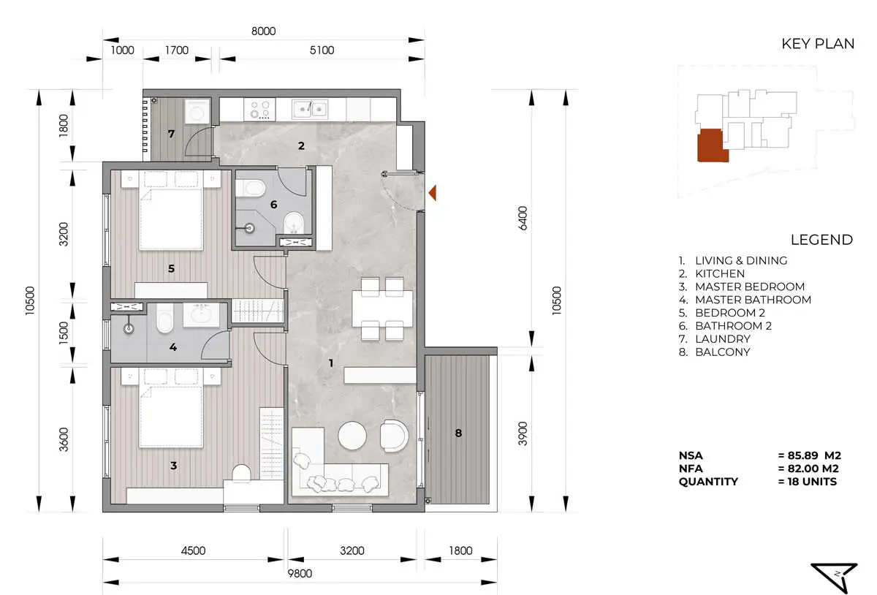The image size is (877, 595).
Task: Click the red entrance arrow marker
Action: pos(433,193)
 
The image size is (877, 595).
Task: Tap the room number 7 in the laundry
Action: pos(171,134)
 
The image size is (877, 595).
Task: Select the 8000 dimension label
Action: pos(264,31)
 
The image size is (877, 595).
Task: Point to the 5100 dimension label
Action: pos(322,50)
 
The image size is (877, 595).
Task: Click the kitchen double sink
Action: pos(310,109)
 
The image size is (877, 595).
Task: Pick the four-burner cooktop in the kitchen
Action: pos(259,110)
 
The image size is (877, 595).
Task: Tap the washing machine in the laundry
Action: pos(197,111)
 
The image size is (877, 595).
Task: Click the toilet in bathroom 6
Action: pos(251,189)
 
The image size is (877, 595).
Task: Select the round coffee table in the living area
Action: pos(352,436)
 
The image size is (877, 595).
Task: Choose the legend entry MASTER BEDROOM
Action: pos(750,287)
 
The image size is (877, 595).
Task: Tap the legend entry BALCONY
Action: pos(722,352)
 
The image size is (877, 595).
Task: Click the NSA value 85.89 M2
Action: pos(809,455)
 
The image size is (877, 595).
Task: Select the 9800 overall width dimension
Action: pos(300,574)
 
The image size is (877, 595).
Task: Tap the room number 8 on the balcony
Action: pos(458,433)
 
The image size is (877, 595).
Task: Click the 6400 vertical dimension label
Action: pos(523,218)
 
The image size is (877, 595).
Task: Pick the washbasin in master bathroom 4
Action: pos(201,314)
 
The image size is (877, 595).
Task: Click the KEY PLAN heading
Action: pos(818,44)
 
